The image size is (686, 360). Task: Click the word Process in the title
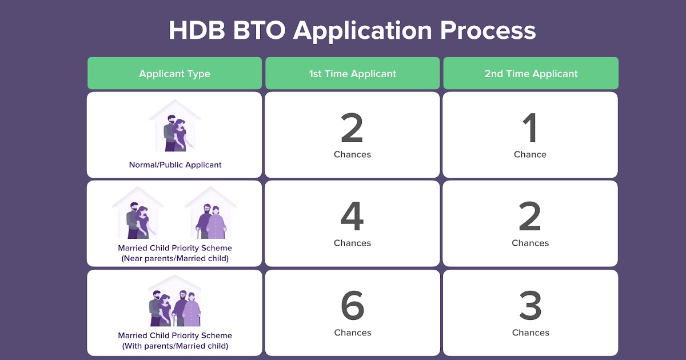pyautogui.click(x=488, y=31)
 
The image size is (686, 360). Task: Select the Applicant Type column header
pyautogui.click(x=174, y=73)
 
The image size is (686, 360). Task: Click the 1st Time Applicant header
pyautogui.click(x=353, y=73)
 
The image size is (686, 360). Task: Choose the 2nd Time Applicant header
pyautogui.click(x=531, y=73)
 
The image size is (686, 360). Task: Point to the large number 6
pyautogui.click(x=353, y=305)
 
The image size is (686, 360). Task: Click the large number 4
pyautogui.click(x=352, y=216)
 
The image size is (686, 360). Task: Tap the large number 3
pyautogui.click(x=531, y=305)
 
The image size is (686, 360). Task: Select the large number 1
pyautogui.click(x=529, y=127)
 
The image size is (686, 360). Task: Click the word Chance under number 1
pyautogui.click(x=530, y=154)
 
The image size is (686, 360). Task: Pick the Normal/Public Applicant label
pyautogui.click(x=175, y=165)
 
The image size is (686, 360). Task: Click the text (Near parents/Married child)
pyautogui.click(x=175, y=258)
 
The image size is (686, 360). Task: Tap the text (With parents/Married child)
pyautogui.click(x=175, y=346)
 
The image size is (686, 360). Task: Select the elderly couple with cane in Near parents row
pyautogui.click(x=211, y=221)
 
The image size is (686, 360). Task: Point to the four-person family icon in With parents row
pyautogui.click(x=175, y=307)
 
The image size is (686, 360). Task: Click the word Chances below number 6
pyautogui.click(x=353, y=333)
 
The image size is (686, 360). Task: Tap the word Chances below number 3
pyautogui.click(x=531, y=333)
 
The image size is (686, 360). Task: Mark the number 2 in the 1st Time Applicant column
pyautogui.click(x=352, y=127)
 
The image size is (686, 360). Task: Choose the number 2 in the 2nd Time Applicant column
pyautogui.click(x=530, y=216)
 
